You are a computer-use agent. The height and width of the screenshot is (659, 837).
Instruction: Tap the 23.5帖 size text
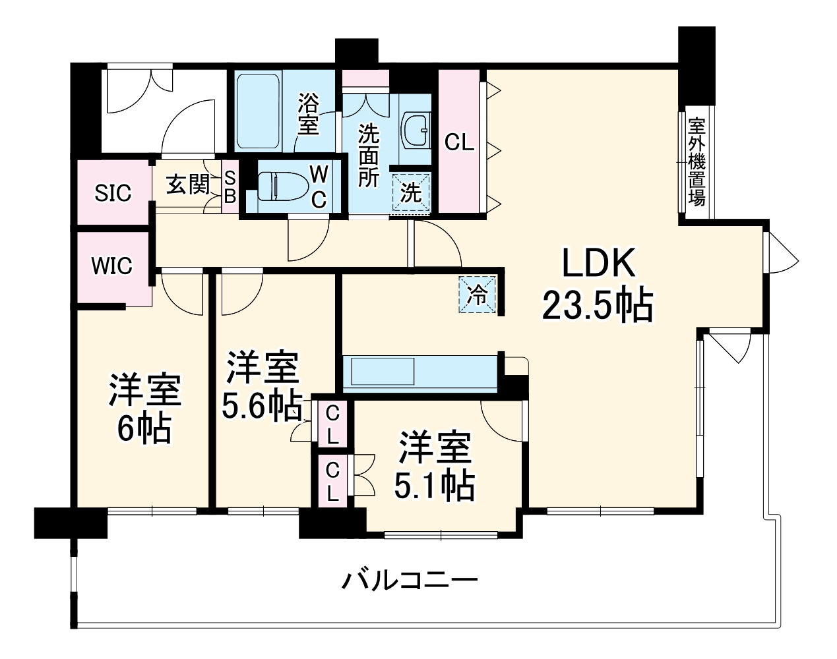pyautogui.click(x=598, y=306)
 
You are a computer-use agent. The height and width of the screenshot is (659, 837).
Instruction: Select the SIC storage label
pyautogui.click(x=113, y=193)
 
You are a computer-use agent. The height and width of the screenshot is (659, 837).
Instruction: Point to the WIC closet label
pyautogui.click(x=111, y=266)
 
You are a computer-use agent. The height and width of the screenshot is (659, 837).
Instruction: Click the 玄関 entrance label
pyautogui.click(x=187, y=185)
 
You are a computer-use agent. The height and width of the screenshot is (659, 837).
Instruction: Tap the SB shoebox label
pyautogui.click(x=230, y=186)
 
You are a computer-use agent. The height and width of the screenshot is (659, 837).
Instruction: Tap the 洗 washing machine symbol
pyautogui.click(x=412, y=193)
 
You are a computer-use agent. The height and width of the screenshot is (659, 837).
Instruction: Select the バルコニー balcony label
pyautogui.click(x=409, y=581)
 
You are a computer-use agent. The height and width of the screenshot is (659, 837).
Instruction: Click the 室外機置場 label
pyautogui.click(x=697, y=161)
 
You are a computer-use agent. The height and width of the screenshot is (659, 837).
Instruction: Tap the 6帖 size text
pyautogui.click(x=144, y=429)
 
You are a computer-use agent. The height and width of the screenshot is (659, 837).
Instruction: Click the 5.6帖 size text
pyautogui.click(x=261, y=407)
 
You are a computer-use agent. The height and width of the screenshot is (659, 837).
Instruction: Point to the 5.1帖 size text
pyautogui.click(x=435, y=486)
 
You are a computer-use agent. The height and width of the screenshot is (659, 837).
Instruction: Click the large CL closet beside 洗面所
pyautogui.click(x=460, y=142)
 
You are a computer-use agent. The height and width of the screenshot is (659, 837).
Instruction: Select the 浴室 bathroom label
pyautogui.click(x=308, y=114)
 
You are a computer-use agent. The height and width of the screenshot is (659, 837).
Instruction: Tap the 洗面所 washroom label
pyautogui.click(x=369, y=156)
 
